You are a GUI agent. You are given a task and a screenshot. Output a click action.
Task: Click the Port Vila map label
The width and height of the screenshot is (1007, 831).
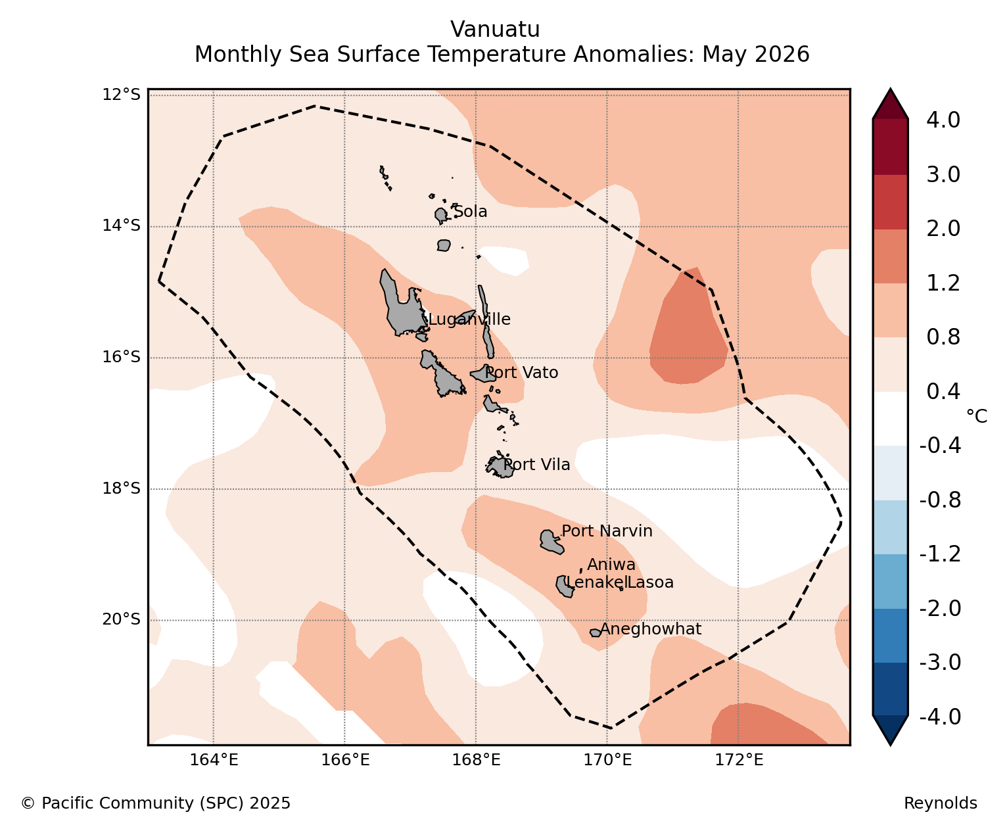(x=536, y=464)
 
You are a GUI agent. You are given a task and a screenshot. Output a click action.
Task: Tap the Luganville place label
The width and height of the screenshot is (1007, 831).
(x=469, y=320)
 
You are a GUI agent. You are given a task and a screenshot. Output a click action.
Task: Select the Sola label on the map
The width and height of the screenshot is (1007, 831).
(x=470, y=211)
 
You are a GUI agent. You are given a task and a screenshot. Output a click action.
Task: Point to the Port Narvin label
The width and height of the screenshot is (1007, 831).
(x=607, y=531)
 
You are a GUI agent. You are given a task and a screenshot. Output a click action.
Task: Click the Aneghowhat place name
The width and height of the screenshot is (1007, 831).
(x=651, y=629)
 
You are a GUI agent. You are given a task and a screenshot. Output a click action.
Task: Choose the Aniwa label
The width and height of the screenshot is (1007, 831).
(x=611, y=564)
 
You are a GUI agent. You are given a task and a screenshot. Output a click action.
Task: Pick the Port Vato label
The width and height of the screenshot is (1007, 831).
(x=522, y=372)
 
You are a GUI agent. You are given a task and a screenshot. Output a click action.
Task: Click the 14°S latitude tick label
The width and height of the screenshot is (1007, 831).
(x=121, y=226)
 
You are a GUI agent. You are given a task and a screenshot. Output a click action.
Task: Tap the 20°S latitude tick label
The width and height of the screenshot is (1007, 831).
(x=121, y=619)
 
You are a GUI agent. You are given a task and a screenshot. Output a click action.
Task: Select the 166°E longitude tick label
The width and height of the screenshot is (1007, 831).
(x=345, y=760)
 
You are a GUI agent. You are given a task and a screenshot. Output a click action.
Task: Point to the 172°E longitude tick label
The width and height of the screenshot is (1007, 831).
(x=739, y=760)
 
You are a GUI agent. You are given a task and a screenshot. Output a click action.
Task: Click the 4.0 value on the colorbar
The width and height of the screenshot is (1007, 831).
(x=943, y=120)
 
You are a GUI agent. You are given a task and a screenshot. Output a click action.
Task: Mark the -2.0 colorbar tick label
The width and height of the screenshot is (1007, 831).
(x=940, y=608)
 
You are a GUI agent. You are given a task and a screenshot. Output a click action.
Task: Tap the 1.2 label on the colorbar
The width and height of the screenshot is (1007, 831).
(x=943, y=283)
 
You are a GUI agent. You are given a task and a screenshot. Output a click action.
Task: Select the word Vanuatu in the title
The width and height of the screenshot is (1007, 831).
(x=496, y=30)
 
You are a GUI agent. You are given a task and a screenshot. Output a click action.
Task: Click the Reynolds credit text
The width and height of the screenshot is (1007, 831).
(x=941, y=803)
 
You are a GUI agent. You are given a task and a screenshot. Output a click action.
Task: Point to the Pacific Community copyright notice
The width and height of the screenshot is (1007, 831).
(x=155, y=803)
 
